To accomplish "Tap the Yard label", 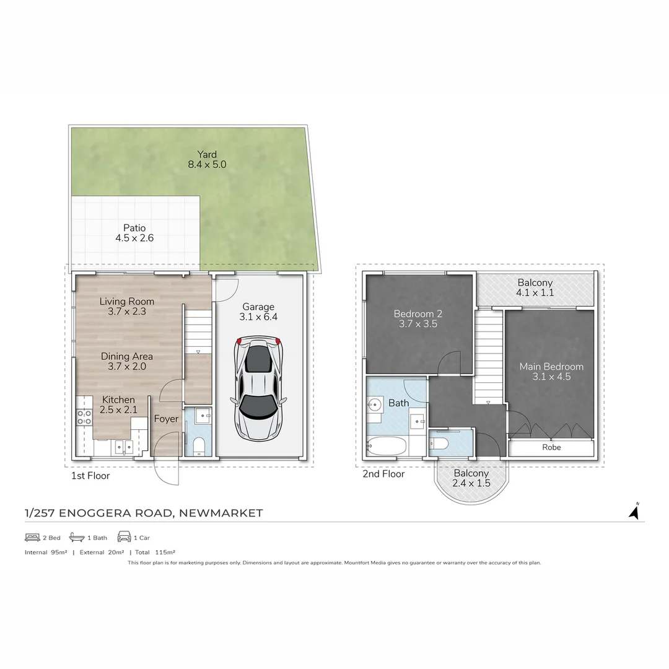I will pyautogui.click(x=207, y=160).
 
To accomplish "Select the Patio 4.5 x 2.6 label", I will pyautogui.click(x=134, y=233).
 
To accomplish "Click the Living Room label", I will pyautogui.click(x=127, y=307).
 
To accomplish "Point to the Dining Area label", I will pyautogui.click(x=127, y=362).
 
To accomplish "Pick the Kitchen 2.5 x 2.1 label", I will pyautogui.click(x=118, y=405).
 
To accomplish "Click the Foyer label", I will pyautogui.click(x=166, y=419).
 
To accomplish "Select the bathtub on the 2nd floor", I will pyautogui.click(x=387, y=446).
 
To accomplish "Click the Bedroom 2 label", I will pyautogui.click(x=418, y=318).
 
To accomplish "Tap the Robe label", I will pyautogui.click(x=551, y=447).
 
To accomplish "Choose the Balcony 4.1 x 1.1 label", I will pyautogui.click(x=535, y=288).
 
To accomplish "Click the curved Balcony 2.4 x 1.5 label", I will pyautogui.click(x=471, y=478).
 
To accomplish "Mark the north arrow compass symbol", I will pyautogui.click(x=634, y=512).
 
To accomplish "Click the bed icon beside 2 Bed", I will pyautogui.click(x=32, y=537).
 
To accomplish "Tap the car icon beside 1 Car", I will pyautogui.click(x=124, y=537).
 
